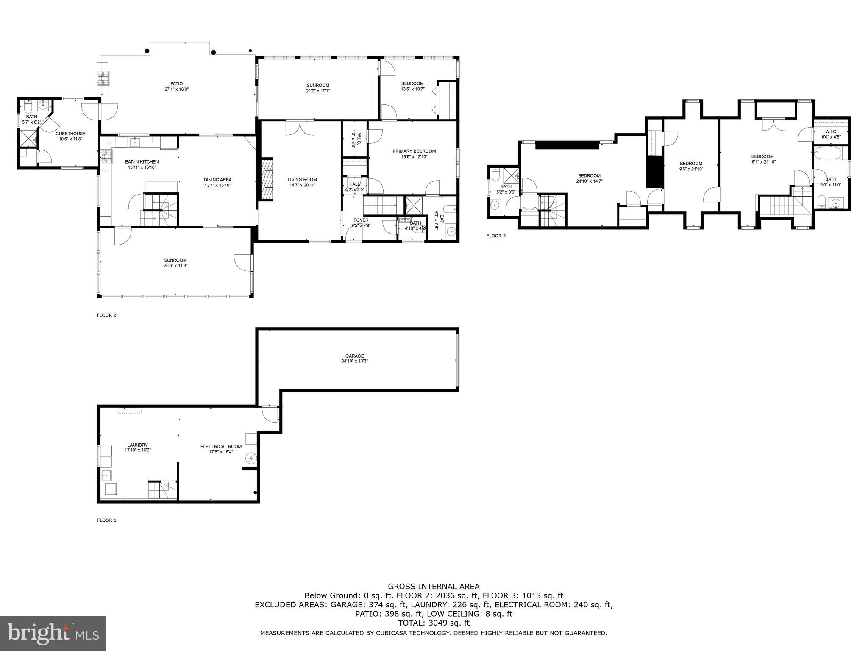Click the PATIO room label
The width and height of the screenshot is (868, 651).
pos(176,84)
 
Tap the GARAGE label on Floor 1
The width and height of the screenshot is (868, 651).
pos(354,356)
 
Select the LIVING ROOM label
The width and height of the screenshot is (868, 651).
pos(302,180)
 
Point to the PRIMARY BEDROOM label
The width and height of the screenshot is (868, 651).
pos(414,151)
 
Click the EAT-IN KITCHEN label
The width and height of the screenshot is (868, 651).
pos(142,162)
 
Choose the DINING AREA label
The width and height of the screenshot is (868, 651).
pos(217,180)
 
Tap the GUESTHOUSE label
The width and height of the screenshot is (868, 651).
pos(70,134)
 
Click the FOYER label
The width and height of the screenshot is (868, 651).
pos(361,220)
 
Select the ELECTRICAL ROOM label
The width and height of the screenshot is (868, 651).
pos(221,446)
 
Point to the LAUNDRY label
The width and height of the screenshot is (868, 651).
pos(137,445)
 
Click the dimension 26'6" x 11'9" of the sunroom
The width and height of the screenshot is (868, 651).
pos(175,266)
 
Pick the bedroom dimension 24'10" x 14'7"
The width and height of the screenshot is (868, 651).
pos(589,181)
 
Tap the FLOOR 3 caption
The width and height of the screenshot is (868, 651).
pos(496,236)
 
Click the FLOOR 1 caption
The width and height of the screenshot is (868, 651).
pos(106,520)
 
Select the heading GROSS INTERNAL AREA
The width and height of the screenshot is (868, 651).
pos(434,587)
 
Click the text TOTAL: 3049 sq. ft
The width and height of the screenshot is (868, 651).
pos(434,623)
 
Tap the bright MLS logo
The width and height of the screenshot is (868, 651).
pos(53,634)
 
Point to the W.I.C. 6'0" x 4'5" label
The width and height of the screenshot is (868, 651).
pos(831,134)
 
